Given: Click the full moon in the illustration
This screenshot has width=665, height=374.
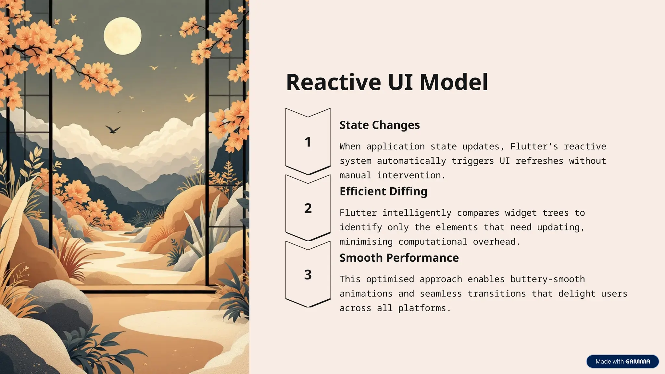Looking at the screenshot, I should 122,36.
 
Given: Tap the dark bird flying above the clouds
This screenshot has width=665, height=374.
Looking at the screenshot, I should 113,130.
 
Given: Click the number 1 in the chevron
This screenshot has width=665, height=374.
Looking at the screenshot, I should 308,142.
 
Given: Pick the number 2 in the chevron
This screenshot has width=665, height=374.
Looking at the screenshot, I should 308,208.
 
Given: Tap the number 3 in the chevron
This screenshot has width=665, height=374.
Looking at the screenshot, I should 308,275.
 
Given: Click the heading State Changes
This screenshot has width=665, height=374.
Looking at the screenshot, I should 380,125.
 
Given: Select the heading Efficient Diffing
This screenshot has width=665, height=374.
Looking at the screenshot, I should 383,192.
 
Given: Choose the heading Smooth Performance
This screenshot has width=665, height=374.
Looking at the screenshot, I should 399,258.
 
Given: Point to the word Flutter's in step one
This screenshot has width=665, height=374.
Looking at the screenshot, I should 534,146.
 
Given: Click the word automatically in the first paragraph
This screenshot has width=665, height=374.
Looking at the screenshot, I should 411,161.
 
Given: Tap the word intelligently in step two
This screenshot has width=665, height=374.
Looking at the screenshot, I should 417,213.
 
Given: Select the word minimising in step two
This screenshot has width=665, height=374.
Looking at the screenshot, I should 366,242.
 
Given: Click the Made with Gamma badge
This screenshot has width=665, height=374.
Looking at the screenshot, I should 622,361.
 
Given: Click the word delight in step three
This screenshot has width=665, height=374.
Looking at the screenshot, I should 577,294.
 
